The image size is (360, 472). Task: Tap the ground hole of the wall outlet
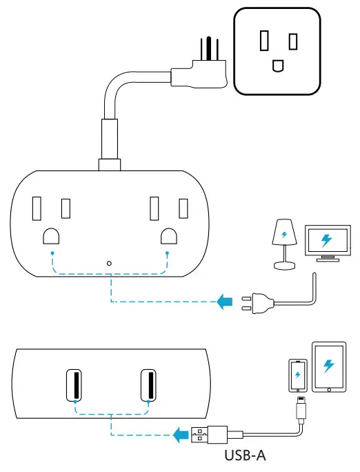pyautogui.click(x=278, y=66)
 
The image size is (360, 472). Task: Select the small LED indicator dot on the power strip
pyautogui.click(x=110, y=263)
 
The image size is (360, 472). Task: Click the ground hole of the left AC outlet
pyautogui.click(x=52, y=237)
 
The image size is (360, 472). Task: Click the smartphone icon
pyautogui.click(x=297, y=375)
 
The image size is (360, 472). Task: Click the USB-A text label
pyautogui.click(x=244, y=456)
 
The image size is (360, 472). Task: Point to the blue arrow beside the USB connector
pyautogui.click(x=181, y=435)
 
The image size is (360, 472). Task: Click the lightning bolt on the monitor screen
pyautogui.click(x=326, y=240)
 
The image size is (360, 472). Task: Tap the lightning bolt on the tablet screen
pyautogui.click(x=329, y=366)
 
